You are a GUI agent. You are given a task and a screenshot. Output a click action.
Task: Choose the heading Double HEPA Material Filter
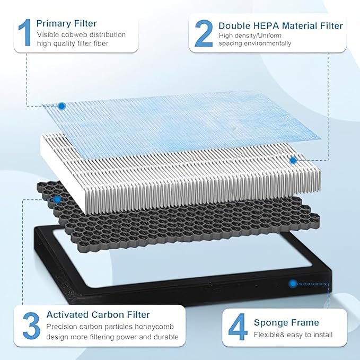coord(280,25)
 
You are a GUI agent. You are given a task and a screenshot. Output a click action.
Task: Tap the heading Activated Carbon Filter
coord(98,315)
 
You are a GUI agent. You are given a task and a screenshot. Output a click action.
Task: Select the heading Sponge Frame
coord(286,322)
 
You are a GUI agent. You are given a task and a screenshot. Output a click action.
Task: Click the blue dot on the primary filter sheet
coord(62,106)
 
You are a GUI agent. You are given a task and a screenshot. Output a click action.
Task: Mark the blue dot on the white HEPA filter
coord(292,159)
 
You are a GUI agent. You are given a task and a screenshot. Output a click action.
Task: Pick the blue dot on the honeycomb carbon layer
coord(57,200)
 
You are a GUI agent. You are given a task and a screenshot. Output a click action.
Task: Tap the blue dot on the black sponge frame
coord(292,284)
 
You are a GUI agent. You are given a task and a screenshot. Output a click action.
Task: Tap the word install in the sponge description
coord(323,335)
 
